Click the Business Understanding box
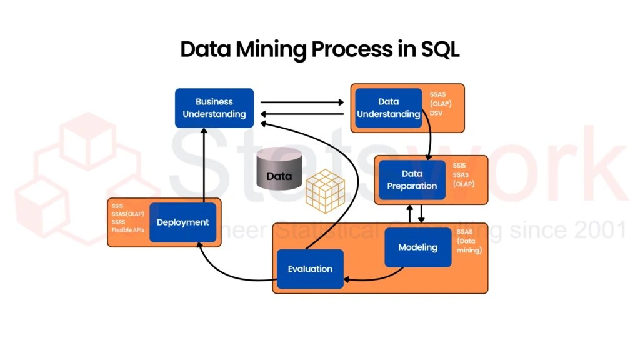pos(214,107)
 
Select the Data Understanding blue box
pos(388,107)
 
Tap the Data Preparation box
pos(412,179)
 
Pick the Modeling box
pos(417,247)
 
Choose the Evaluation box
pos(310,269)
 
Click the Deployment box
pos(182,222)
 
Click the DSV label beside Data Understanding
pos(436,113)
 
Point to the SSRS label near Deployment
pos(119,222)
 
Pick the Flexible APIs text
pos(127,230)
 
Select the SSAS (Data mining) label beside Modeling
pos(469,241)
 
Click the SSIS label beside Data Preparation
pos(459,166)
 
